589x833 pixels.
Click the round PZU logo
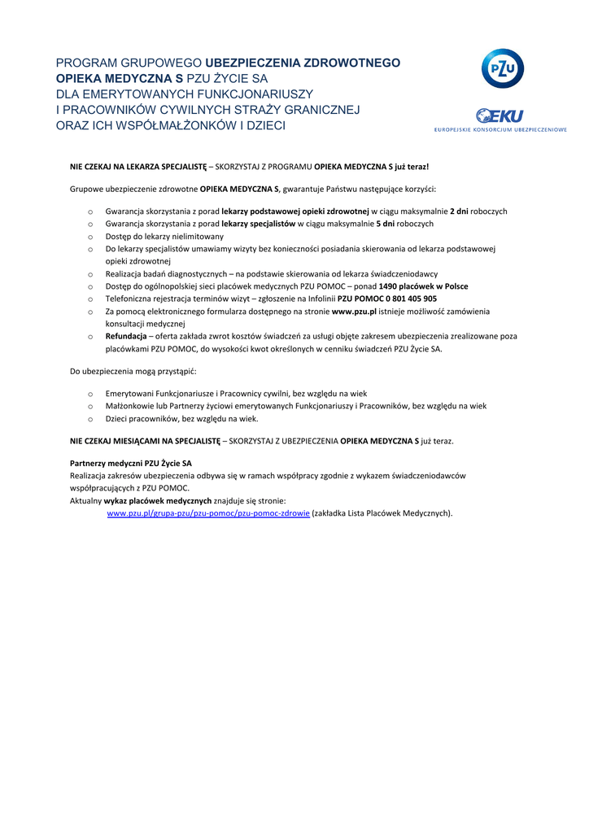(x=502, y=68)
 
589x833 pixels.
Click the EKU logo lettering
(x=500, y=116)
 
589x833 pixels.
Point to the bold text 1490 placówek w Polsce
(x=423, y=286)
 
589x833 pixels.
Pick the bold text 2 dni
(x=459, y=211)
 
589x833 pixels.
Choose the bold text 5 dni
(x=386, y=223)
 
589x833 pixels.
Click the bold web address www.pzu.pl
(x=354, y=311)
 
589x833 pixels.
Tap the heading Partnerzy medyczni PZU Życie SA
(x=131, y=463)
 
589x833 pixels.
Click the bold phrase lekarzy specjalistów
(x=258, y=223)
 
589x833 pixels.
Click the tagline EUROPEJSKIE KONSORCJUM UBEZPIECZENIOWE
(x=500, y=129)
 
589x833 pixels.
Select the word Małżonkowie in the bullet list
(x=133, y=406)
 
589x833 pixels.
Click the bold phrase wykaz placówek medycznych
(x=158, y=501)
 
